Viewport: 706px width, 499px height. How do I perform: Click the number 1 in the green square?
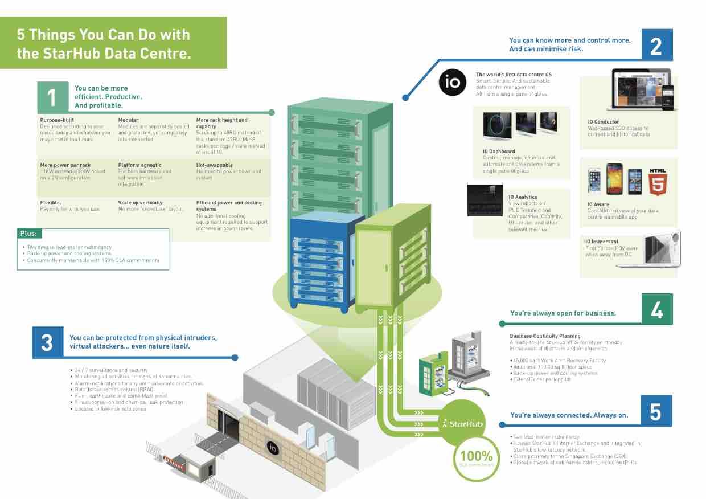pyautogui.click(x=52, y=97)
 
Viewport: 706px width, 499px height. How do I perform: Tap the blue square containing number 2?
pyautogui.click(x=656, y=45)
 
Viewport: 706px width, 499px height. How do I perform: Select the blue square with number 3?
pyautogui.click(x=47, y=342)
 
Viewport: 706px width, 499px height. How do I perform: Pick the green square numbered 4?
pyautogui.click(x=656, y=309)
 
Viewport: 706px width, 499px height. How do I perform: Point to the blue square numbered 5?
pyautogui.click(x=656, y=411)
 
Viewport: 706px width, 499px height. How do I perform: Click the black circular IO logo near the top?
pyautogui.click(x=453, y=83)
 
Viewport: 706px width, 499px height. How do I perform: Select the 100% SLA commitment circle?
pyautogui.click(x=476, y=459)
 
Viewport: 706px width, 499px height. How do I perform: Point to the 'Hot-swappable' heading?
pyautogui.click(x=215, y=165)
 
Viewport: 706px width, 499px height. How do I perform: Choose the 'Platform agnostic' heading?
pyautogui.click(x=139, y=165)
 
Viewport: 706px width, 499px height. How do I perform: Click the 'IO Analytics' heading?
pyautogui.click(x=522, y=197)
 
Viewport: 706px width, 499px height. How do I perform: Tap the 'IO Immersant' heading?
pyautogui.click(x=601, y=242)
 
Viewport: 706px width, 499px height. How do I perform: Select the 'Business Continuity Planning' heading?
pyautogui.click(x=545, y=336)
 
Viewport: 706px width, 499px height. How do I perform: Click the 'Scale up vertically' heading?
pyautogui.click(x=140, y=202)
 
